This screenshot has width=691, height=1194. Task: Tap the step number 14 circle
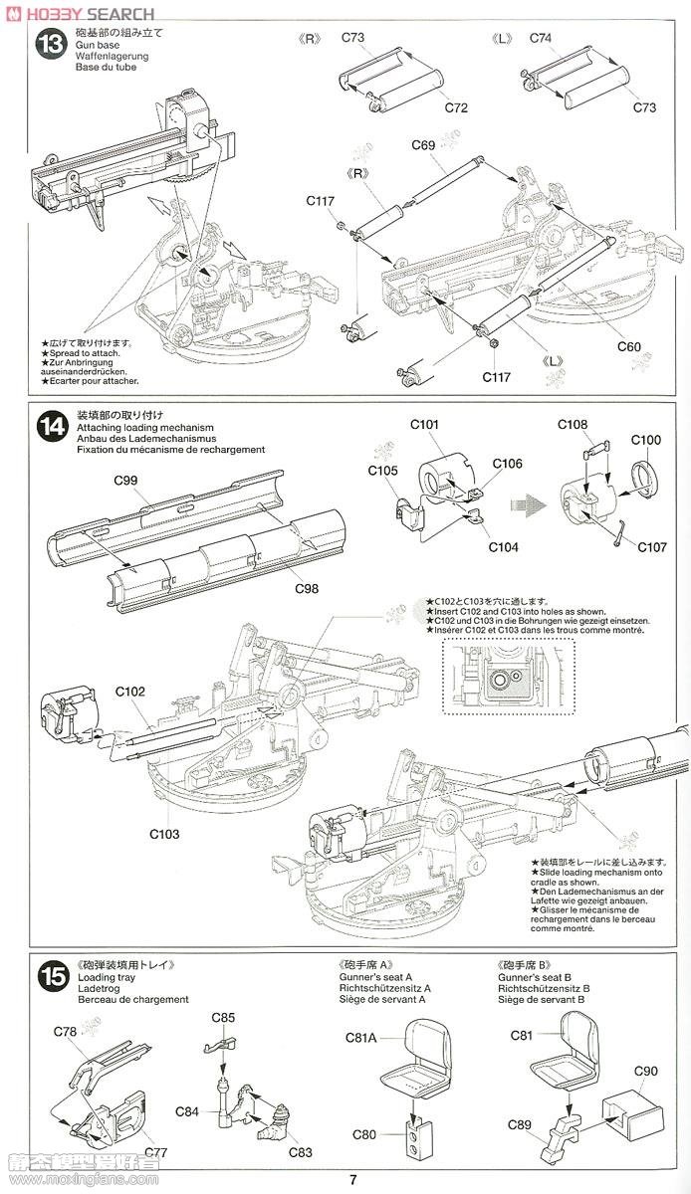point(51,427)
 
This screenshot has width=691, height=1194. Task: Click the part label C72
point(456,107)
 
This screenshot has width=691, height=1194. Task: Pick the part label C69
point(423,145)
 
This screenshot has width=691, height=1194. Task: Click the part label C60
point(628,347)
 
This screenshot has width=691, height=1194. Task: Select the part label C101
point(424,425)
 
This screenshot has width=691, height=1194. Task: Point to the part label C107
point(652,547)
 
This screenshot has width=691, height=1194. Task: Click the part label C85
point(223,1017)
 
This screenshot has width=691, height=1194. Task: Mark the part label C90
point(646,1071)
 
